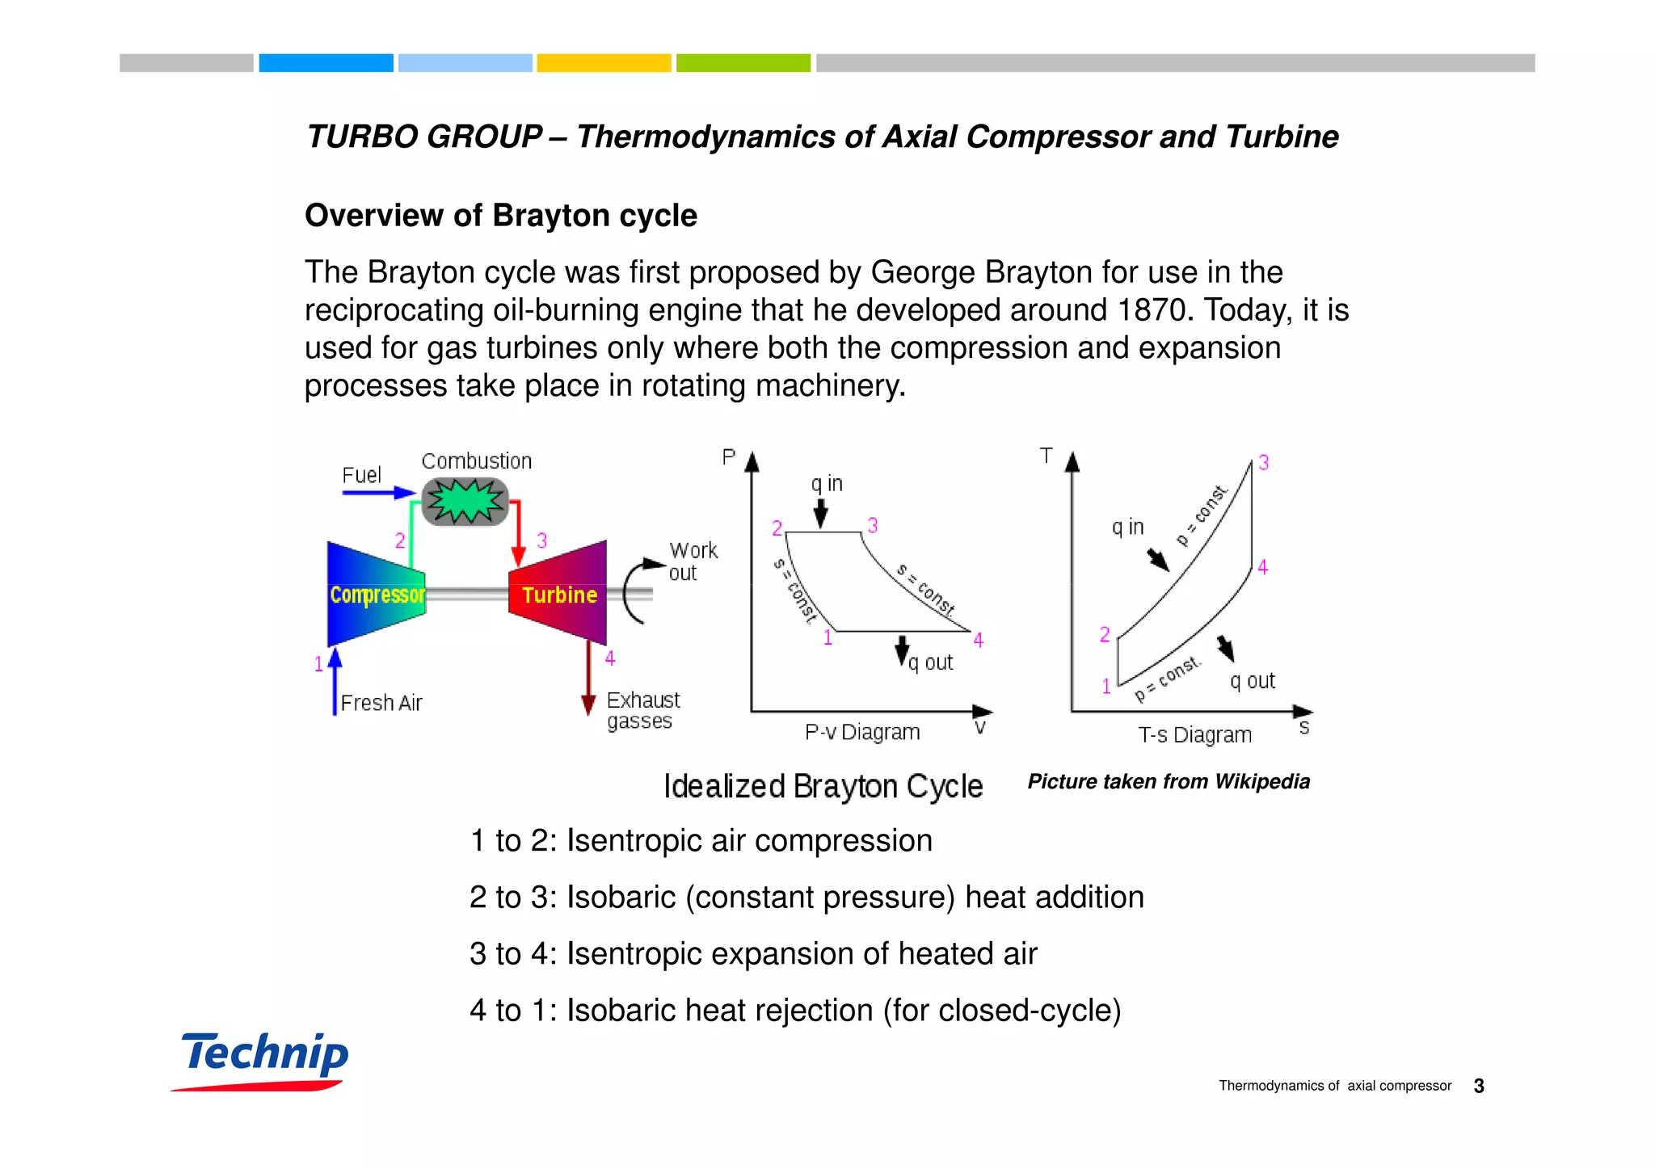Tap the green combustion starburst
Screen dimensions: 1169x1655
tap(465, 501)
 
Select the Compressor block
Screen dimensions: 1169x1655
tap(377, 595)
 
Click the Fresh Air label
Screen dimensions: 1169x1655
tap(381, 703)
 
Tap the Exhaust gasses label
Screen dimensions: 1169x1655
tap(642, 710)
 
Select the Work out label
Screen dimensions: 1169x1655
tap(693, 561)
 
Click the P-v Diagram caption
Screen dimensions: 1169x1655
tap(862, 732)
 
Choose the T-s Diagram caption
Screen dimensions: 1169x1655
tap(1194, 735)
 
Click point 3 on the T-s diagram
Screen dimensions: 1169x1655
tap(1264, 463)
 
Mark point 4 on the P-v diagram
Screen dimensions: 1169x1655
tap(979, 641)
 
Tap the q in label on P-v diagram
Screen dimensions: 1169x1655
tap(827, 484)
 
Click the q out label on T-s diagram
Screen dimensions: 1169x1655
tap(1252, 681)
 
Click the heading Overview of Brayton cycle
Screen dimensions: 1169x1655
tap(501, 216)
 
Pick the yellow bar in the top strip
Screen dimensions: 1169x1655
tap(604, 63)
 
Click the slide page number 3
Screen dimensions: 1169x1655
tap(1479, 1086)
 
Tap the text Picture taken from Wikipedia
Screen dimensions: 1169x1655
tap(1169, 781)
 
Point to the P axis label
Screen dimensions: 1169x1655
tap(729, 457)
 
